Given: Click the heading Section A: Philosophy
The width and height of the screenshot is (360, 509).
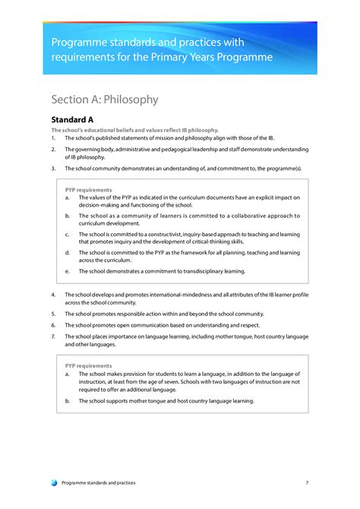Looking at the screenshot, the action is (105, 100).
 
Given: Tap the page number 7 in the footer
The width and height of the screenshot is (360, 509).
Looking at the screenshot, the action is (307, 482).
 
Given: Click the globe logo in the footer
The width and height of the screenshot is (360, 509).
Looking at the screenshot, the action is (53, 482).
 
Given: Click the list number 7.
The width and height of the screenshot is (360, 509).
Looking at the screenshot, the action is (53, 336).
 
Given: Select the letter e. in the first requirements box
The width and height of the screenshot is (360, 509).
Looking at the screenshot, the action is (68, 270).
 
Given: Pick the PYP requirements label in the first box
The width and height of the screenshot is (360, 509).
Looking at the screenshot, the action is (89, 189).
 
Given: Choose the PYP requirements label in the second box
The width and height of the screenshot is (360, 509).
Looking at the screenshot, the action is (89, 365).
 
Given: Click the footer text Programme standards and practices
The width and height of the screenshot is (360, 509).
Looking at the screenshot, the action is (104, 482).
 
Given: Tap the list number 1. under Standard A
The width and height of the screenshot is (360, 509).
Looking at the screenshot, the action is (53, 138).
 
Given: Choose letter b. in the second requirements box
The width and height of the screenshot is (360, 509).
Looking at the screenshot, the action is (68, 400).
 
